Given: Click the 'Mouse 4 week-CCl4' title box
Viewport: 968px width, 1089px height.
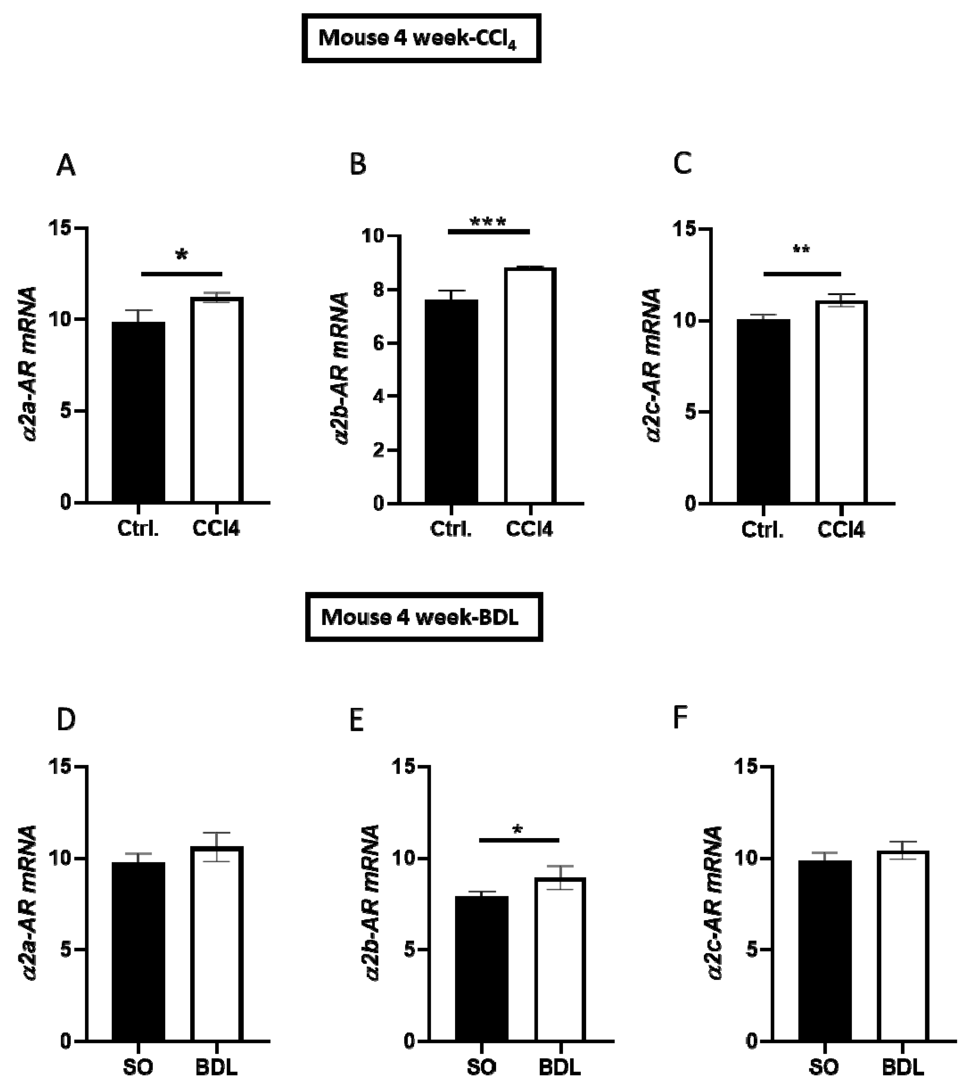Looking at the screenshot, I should click(421, 38).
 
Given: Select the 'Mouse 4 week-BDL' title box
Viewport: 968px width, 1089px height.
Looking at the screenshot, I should click(424, 617).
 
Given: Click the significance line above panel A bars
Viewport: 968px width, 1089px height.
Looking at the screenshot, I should click(181, 274).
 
